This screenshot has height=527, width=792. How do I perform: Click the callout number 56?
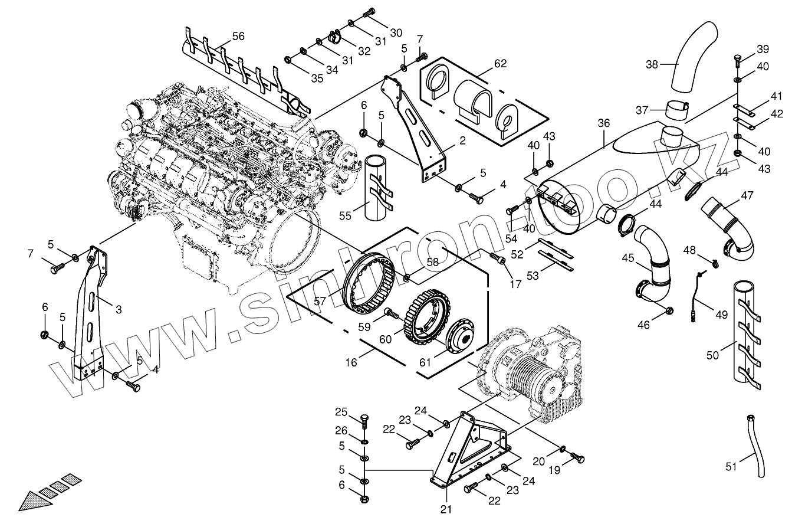[x=238, y=36]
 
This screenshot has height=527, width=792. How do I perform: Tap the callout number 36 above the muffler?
[x=603, y=123]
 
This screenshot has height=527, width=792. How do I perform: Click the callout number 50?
[x=712, y=355]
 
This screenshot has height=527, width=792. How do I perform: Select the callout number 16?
[x=351, y=362]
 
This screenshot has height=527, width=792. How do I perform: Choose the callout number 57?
[x=320, y=301]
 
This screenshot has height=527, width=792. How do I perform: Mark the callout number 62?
[x=500, y=63]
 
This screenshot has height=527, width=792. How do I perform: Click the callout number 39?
[x=763, y=49]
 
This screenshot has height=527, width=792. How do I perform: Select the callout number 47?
[x=747, y=195]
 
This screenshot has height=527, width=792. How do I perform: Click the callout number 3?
[x=119, y=309]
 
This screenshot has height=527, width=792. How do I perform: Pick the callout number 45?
[x=627, y=258]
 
